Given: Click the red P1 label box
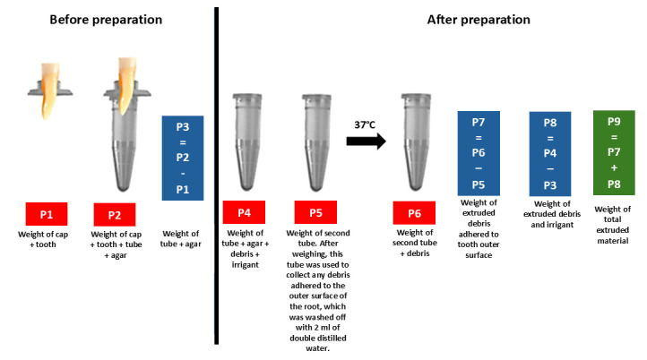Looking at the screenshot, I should coord(47,215).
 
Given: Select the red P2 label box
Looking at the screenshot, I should coord(115,215).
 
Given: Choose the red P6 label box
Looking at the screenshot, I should coord(413,215).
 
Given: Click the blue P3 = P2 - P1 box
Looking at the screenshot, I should coord(183,158).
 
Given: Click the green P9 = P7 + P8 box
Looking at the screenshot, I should coord(614,153).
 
